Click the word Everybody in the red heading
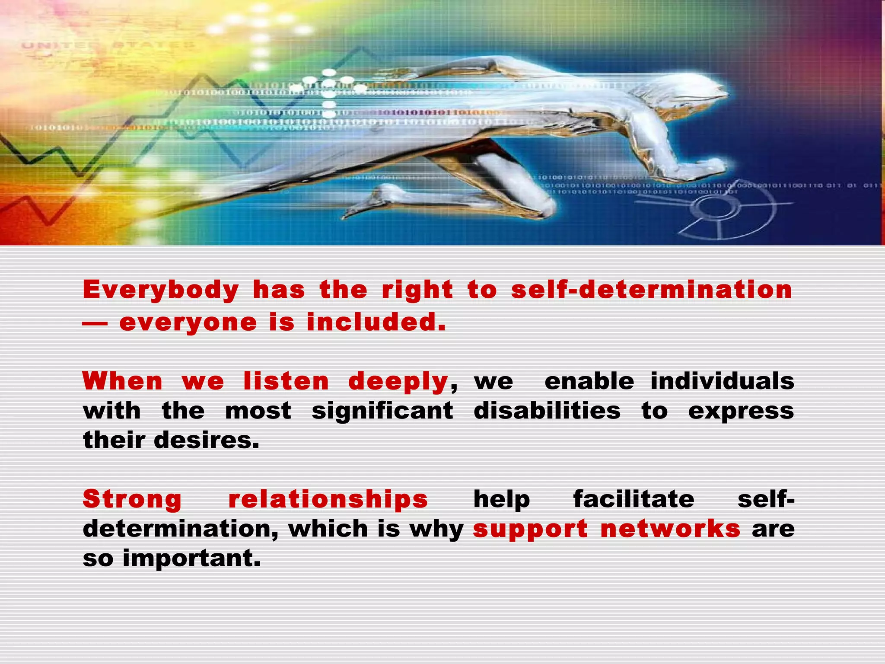160,290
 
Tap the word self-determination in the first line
652,290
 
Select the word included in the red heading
376,323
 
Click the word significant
382,411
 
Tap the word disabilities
547,411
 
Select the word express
741,411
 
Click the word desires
207,441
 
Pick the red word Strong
132,500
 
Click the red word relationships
328,500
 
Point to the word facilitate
634,500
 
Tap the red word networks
670,529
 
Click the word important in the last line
192,559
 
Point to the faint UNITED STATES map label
108,45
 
